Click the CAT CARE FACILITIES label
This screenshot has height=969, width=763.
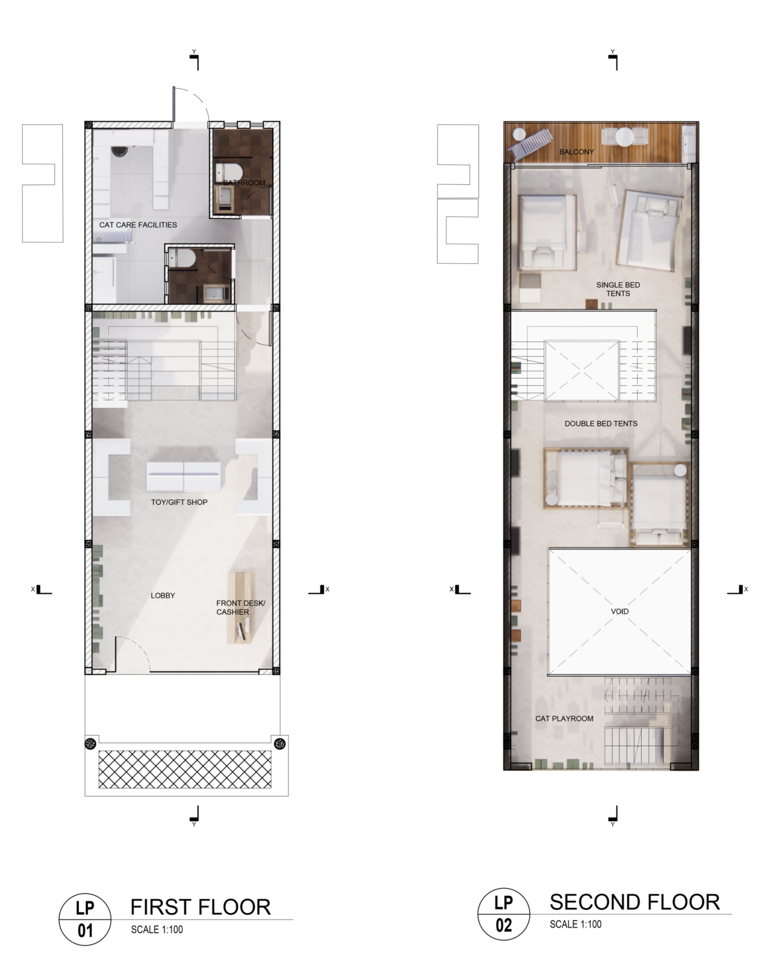pos(138,225)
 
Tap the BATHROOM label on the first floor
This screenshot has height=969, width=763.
pos(244,183)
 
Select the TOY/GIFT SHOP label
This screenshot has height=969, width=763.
pos(179,502)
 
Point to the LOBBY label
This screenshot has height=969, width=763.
pos(163,596)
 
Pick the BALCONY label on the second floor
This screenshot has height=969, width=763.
pos(577,152)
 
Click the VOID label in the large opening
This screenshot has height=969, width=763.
pos(620,611)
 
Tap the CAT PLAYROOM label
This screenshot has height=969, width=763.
pos(564,718)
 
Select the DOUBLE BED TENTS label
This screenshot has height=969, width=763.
pos(601,423)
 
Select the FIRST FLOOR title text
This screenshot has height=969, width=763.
pos(200,908)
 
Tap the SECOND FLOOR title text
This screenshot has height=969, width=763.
pos(635,902)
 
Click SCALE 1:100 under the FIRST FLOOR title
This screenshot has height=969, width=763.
pos(157,930)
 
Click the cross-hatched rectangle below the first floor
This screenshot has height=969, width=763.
pos(184,769)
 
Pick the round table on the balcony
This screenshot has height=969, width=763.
pos(623,137)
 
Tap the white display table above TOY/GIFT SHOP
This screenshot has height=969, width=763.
pos(184,477)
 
